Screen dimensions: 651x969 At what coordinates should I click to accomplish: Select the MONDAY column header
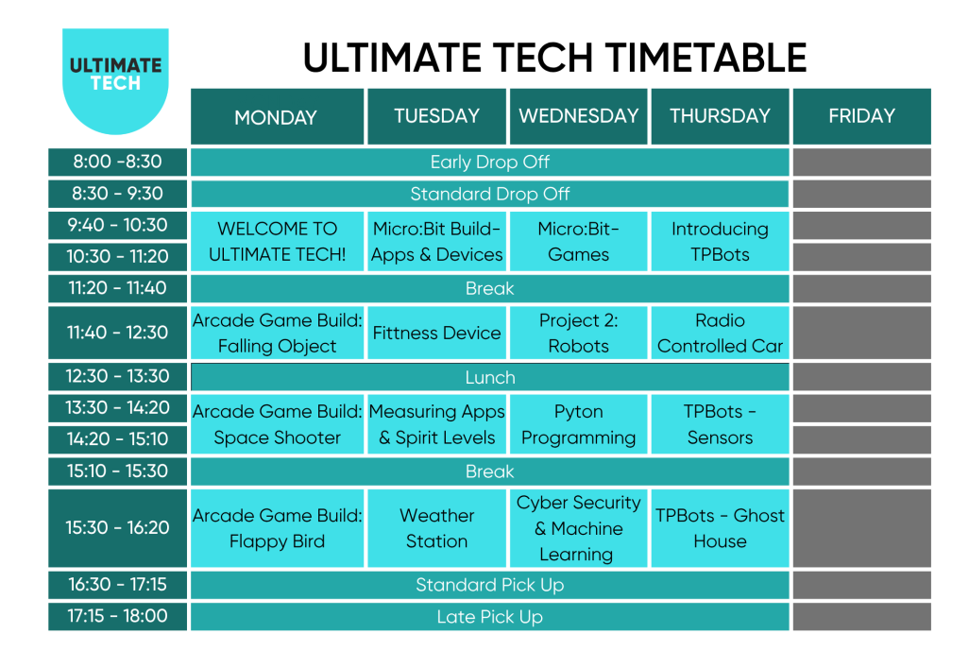tap(276, 117)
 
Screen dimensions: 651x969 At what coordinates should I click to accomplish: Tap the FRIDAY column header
tap(860, 116)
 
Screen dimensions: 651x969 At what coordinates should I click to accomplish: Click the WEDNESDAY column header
tap(578, 116)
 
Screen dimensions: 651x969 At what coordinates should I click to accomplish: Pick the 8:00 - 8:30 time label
tap(117, 162)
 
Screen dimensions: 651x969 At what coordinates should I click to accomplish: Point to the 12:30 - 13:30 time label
tap(117, 376)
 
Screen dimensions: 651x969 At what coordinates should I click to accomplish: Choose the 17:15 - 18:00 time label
tap(117, 616)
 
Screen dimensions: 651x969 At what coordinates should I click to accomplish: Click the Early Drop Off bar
tap(489, 162)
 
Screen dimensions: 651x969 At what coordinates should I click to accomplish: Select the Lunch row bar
tap(489, 377)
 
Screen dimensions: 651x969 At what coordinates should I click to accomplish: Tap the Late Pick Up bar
tap(489, 617)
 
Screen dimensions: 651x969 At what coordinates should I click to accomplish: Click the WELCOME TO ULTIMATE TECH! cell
tap(277, 242)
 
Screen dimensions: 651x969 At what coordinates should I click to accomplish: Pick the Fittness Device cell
tap(436, 333)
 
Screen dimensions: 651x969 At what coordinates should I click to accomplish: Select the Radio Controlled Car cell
tap(720, 333)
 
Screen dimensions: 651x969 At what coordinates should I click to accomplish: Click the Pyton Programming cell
tap(578, 424)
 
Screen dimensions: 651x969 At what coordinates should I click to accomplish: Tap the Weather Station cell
tap(436, 528)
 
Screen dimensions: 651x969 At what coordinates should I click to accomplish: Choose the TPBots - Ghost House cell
tap(720, 528)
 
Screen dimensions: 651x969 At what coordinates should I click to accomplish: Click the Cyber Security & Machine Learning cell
tap(578, 528)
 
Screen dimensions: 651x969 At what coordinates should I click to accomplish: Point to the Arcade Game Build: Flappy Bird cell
tap(277, 528)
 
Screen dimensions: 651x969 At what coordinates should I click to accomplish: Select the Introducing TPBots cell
tap(720, 242)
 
